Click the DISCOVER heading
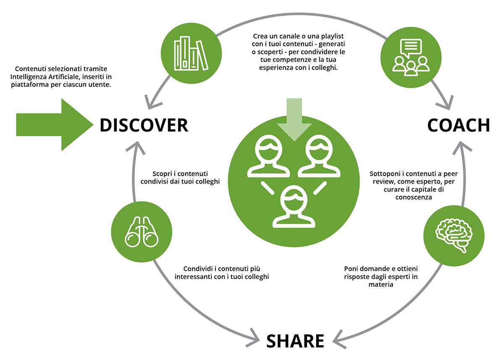tap(144, 125)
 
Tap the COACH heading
tap(459, 125)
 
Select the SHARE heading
tap(295, 341)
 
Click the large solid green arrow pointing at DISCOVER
tap(55, 125)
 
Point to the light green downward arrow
tap(294, 119)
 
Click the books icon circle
tap(191, 53)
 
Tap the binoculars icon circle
tap(142, 232)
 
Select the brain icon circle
tap(454, 236)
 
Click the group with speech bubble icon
tap(411, 58)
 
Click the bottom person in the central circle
tap(294, 207)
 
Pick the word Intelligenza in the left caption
tap(29, 77)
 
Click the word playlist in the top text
tap(332, 37)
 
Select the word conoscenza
tap(414, 197)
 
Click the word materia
tap(381, 285)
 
